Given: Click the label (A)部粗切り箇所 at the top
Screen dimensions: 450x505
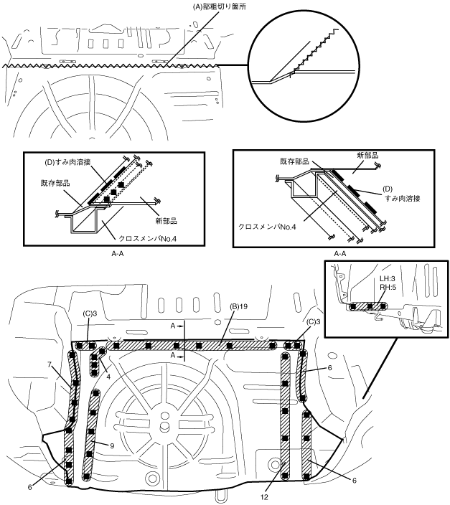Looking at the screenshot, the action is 220,6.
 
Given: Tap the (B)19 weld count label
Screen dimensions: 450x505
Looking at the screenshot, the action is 238,306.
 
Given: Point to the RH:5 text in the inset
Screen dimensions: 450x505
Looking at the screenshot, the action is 388,287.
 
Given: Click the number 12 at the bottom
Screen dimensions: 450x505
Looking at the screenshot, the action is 264,497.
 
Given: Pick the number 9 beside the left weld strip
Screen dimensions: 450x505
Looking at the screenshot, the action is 112,445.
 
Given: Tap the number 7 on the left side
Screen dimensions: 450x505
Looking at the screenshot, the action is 50,364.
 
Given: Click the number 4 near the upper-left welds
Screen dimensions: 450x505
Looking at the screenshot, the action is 108,376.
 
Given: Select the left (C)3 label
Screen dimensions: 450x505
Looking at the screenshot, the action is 89,313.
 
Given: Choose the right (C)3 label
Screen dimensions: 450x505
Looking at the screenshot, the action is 314,322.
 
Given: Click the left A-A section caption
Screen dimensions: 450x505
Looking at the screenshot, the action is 117,254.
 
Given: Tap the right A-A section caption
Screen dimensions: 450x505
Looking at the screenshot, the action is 339,254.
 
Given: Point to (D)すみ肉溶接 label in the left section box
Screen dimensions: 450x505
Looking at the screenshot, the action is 67,162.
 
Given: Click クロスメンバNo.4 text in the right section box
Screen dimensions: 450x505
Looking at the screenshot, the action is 267,227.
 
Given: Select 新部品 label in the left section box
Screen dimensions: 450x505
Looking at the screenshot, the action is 166,221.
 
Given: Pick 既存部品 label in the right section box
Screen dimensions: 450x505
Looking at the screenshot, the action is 294,161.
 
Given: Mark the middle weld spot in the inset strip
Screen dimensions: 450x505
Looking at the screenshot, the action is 370,306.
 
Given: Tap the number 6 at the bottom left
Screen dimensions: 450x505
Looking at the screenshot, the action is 29,487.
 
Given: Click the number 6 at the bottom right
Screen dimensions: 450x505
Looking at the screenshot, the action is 355,481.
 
